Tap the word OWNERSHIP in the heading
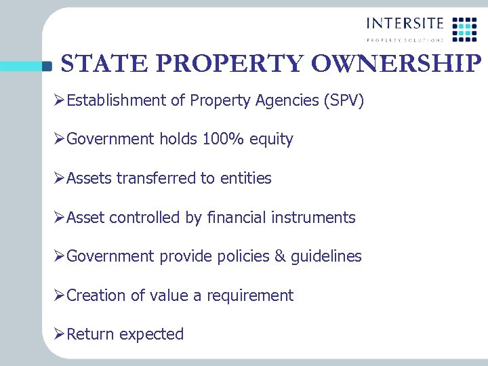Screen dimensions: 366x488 pyautogui.click(x=396, y=64)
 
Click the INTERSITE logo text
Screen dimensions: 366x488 pyautogui.click(x=405, y=23)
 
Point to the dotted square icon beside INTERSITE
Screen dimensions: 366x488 pyautogui.click(x=464, y=28)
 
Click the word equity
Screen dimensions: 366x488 pyautogui.click(x=271, y=140)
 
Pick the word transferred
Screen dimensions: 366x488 pyautogui.click(x=157, y=178)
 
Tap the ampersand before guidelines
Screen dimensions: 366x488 pyautogui.click(x=279, y=256)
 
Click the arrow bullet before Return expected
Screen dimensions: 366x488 pyautogui.click(x=60, y=334)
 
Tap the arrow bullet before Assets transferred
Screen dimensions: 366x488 pyautogui.click(x=60, y=178)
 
